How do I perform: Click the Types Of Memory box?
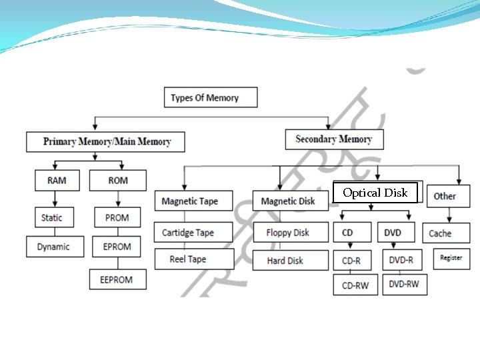pyautogui.click(x=210, y=97)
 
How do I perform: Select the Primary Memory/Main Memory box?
pyautogui.click(x=106, y=141)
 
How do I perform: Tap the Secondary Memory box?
pyautogui.click(x=333, y=139)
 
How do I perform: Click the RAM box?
pyautogui.click(x=57, y=180)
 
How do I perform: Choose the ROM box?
pyautogui.click(x=117, y=180)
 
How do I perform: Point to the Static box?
pyautogui.click(x=51, y=217)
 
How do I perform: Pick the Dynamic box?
pyautogui.click(x=53, y=246)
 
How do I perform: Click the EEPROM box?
pyautogui.click(x=117, y=279)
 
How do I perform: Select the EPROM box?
pyautogui.click(x=117, y=246)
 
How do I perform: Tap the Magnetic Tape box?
pyautogui.click(x=189, y=201)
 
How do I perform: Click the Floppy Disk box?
pyautogui.click(x=287, y=233)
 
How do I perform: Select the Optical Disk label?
pyautogui.click(x=375, y=193)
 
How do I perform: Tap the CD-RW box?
pyautogui.click(x=356, y=285)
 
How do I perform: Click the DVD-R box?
pyautogui.click(x=403, y=260)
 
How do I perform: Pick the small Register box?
pyautogui.click(x=451, y=258)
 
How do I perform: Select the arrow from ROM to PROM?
pyautogui.click(x=118, y=199)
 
